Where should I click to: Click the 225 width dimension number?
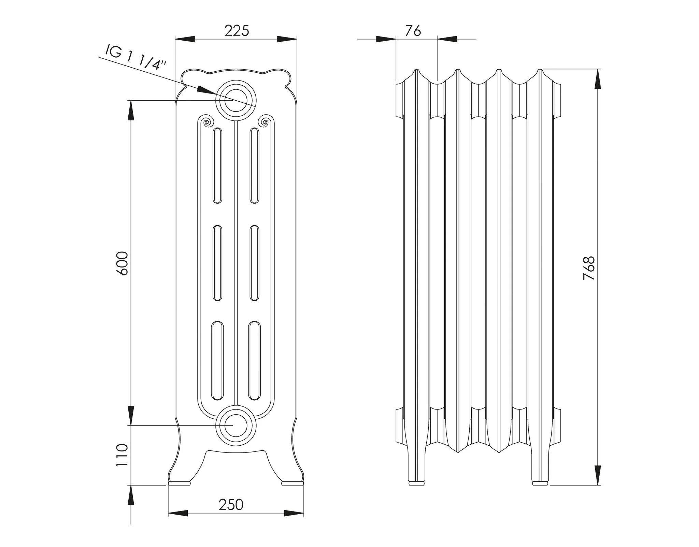point(237,31)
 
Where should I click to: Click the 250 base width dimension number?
point(231,505)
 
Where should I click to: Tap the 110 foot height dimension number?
point(122,455)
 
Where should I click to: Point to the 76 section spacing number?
point(413,31)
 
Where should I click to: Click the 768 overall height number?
point(589,268)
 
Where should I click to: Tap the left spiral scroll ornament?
point(206,121)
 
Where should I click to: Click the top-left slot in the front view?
point(217,165)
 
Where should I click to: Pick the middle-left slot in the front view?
point(217,263)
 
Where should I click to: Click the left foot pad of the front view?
point(180,483)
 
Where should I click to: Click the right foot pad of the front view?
point(292,483)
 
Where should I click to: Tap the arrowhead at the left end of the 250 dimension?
point(177,513)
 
